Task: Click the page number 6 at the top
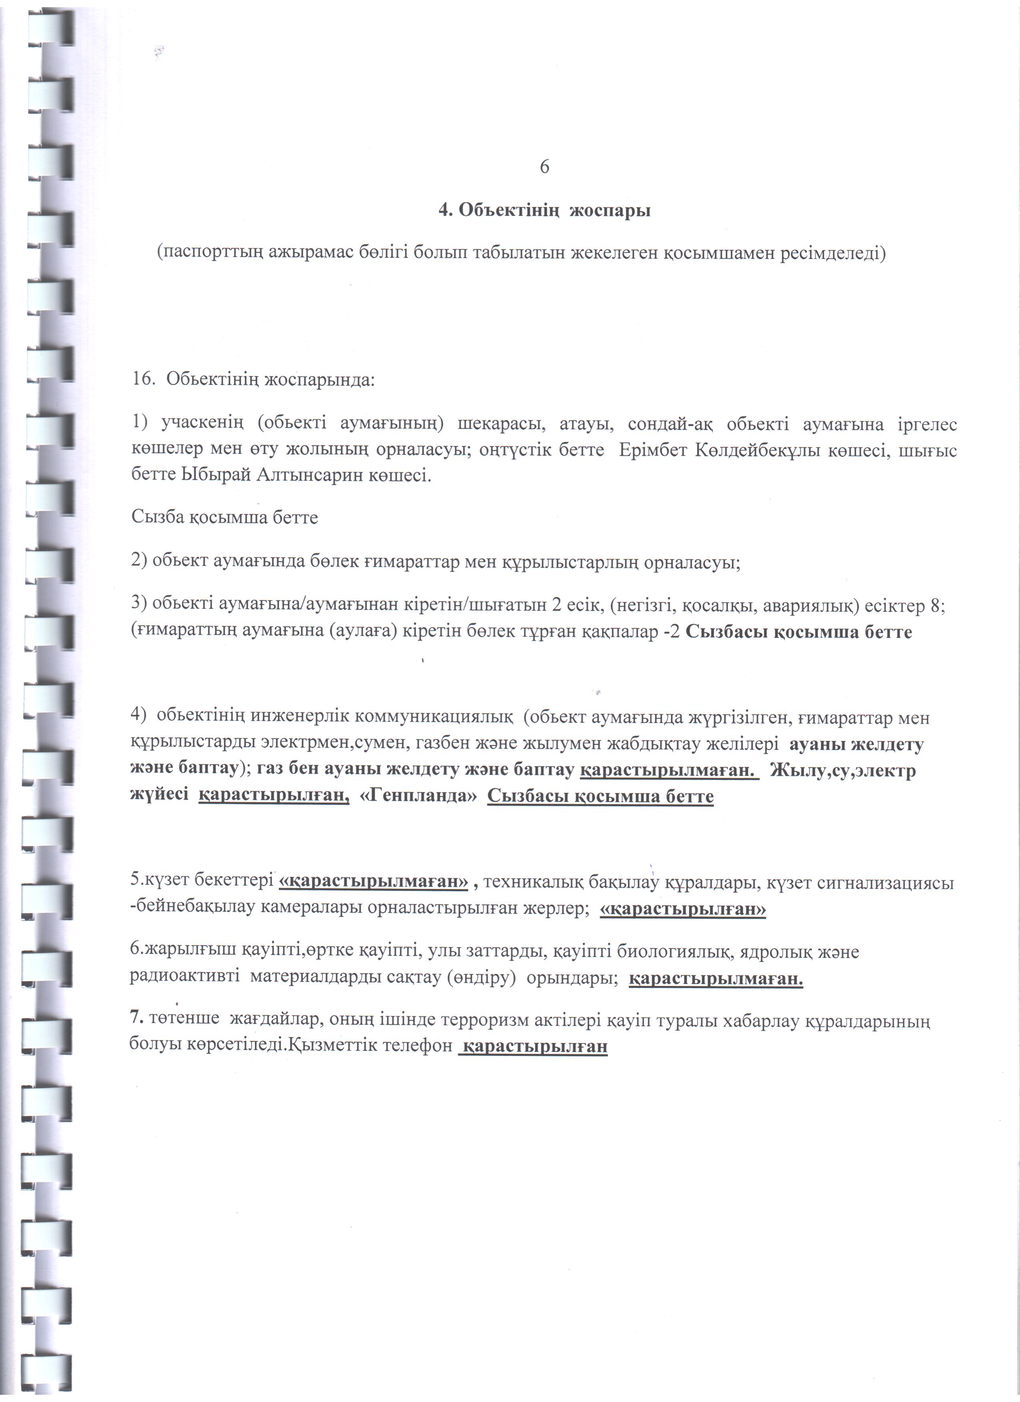point(544,167)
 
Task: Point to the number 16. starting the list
point(144,378)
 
